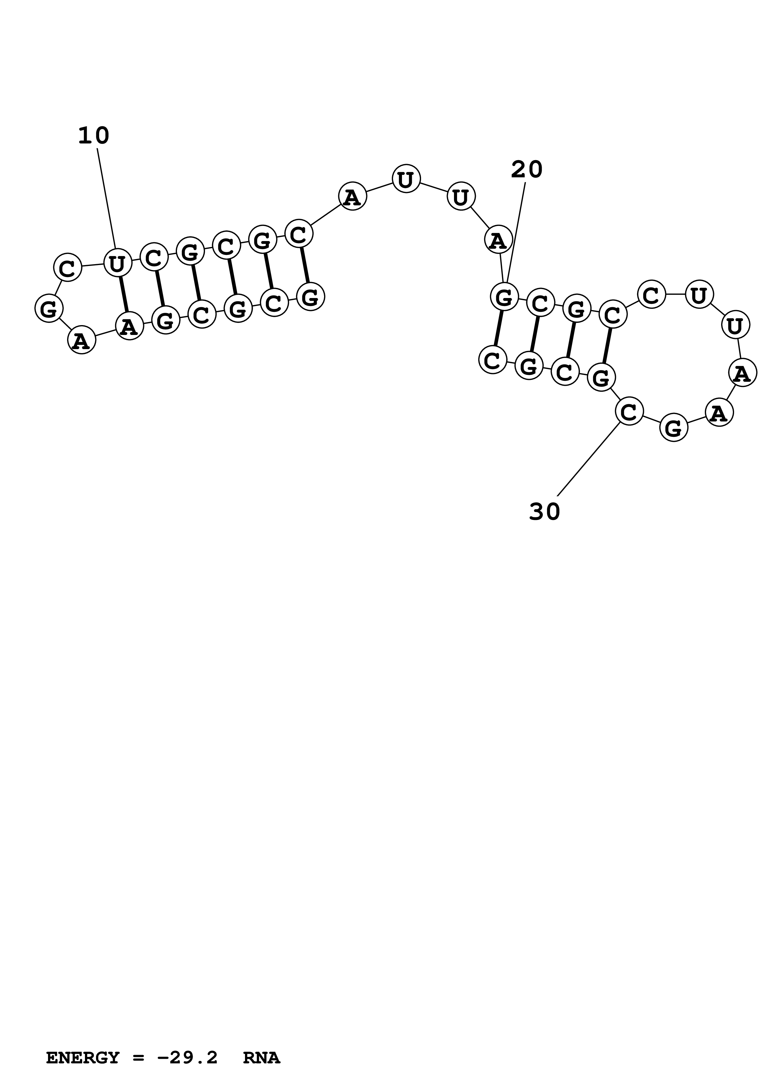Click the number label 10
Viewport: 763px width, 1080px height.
94,136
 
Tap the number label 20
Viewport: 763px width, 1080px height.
527,169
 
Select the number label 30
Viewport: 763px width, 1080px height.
544,511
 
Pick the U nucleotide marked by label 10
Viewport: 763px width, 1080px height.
117,264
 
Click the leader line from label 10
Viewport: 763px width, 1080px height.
106,198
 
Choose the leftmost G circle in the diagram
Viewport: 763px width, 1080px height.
49,308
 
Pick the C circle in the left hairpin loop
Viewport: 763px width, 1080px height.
68,268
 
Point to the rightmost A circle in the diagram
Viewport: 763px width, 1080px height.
742,373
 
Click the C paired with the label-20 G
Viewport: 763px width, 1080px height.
492,360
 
